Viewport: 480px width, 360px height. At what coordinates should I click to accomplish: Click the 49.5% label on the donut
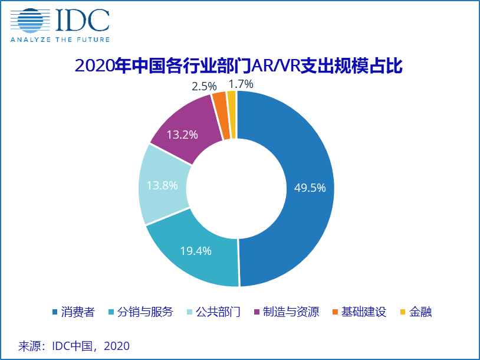310,188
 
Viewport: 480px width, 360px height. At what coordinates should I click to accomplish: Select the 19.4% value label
196,250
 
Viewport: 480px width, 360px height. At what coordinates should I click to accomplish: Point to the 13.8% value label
162,185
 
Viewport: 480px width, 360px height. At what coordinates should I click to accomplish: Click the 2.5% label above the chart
204,86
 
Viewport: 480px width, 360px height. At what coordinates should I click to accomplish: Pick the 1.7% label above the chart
241,83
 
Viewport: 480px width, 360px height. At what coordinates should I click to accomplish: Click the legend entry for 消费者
73,312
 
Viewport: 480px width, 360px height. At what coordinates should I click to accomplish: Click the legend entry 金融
416,312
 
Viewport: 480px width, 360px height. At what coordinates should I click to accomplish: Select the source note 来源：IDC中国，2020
74,345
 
